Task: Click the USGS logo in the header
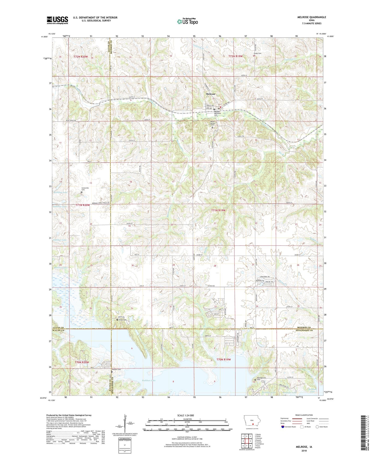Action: [x=57, y=20]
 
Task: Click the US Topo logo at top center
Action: [x=187, y=21]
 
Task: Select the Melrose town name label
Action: [x=211, y=94]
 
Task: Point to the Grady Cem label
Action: [x=258, y=54]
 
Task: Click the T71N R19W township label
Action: [x=218, y=210]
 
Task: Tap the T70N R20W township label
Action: [x=82, y=363]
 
